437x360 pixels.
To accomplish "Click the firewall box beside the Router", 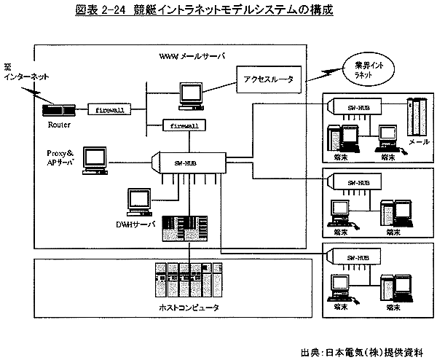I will click(111, 109).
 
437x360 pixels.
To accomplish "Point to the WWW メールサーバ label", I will click(192, 56).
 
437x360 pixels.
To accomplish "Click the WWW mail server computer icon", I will click(192, 94).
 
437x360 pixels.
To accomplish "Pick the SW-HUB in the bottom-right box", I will click(359, 257).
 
